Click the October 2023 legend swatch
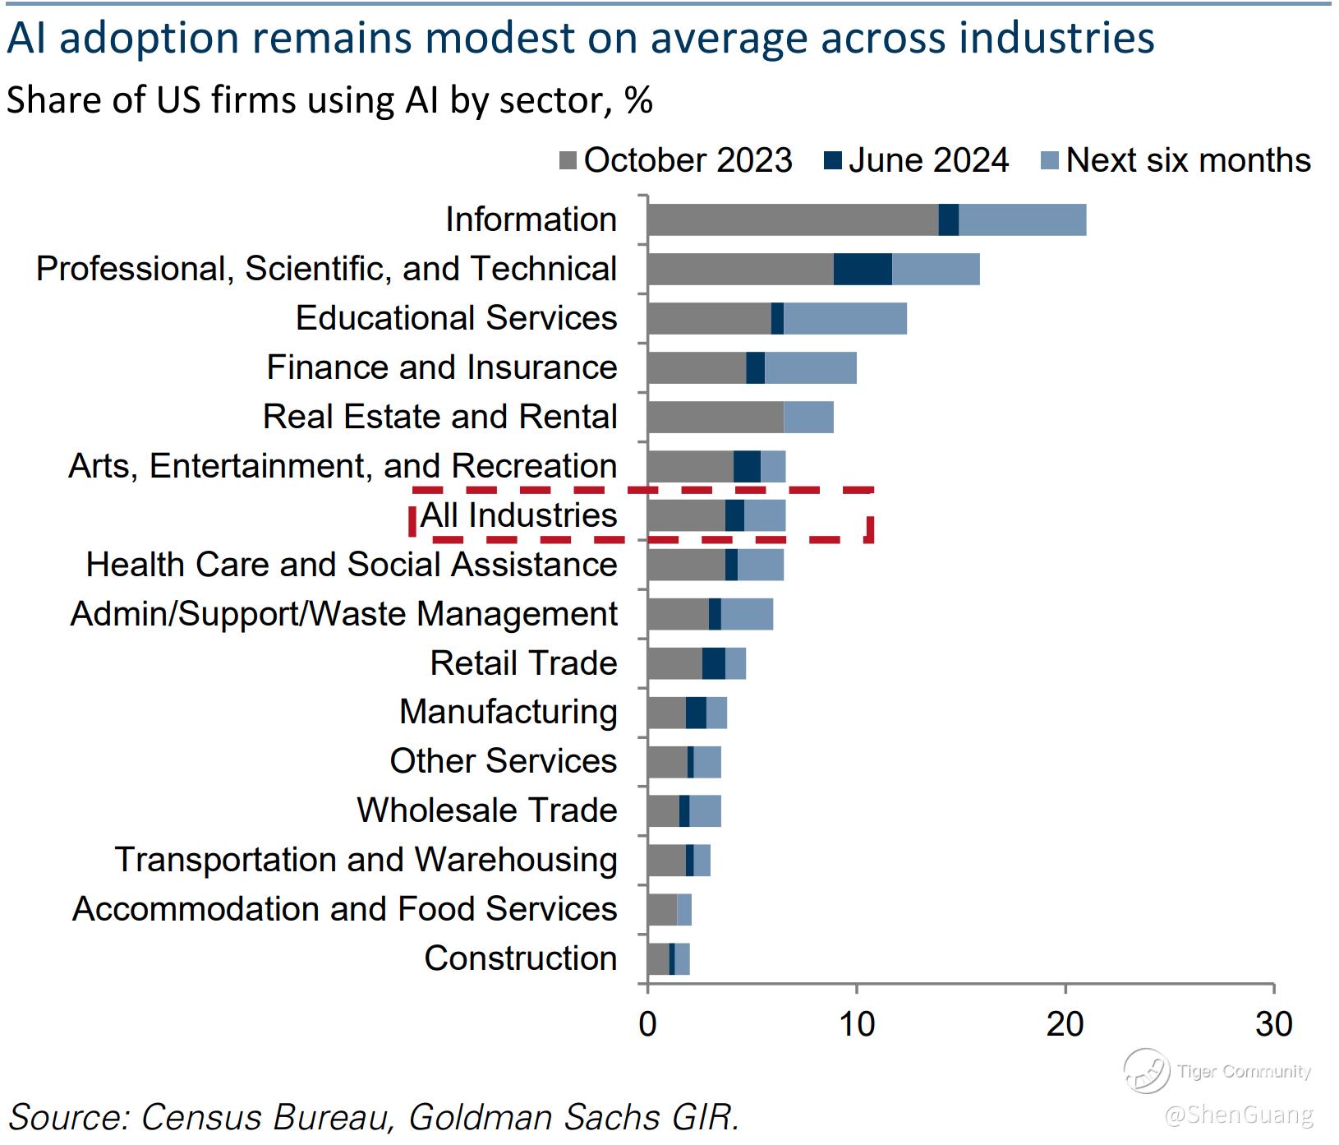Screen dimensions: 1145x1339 point(567,161)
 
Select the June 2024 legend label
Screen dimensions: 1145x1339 point(928,161)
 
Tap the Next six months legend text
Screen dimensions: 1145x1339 point(1188,161)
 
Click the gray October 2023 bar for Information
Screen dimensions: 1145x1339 point(792,219)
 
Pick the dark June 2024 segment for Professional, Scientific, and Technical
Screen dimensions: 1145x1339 point(863,269)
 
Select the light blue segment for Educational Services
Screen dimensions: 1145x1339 point(845,318)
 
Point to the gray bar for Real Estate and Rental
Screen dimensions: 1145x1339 point(715,417)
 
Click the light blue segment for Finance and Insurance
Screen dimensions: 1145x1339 point(810,367)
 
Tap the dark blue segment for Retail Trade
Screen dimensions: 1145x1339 point(713,663)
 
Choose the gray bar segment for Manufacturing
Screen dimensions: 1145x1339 point(666,713)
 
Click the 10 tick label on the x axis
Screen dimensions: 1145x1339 point(856,1024)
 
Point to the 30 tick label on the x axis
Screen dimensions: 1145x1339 point(1273,1024)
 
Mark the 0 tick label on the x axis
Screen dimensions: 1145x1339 point(647,1024)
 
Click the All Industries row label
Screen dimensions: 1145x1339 point(518,515)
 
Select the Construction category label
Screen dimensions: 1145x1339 point(520,958)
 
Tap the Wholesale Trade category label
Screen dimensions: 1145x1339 point(486,810)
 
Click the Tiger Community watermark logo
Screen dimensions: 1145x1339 point(1146,1071)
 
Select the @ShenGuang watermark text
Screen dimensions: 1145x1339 point(1238,1115)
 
